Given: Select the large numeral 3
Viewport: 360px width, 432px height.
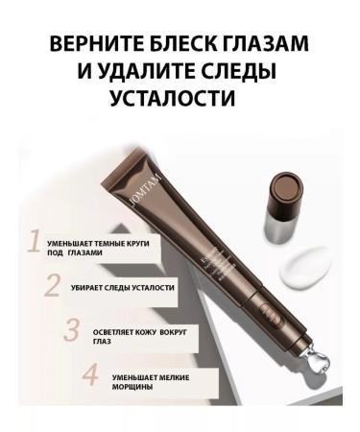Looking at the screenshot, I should pyautogui.click(x=71, y=330).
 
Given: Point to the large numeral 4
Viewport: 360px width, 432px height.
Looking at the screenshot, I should pyautogui.click(x=91, y=373).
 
